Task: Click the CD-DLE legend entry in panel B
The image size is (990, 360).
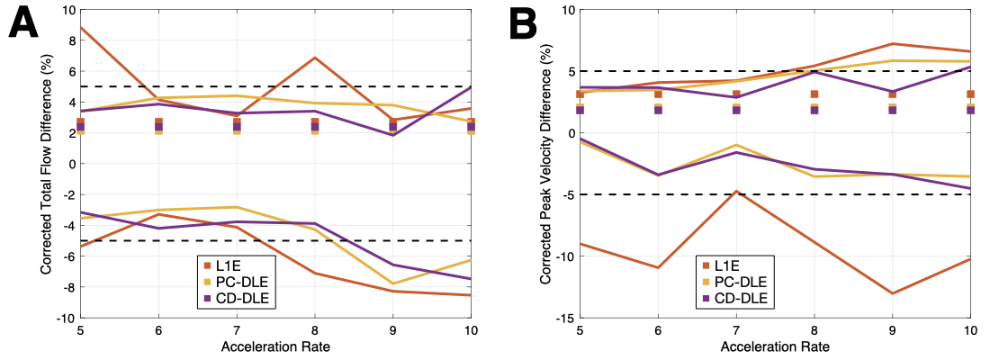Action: coord(732,298)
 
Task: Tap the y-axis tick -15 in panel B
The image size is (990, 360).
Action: coord(564,318)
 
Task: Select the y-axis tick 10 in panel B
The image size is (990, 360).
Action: coord(566,9)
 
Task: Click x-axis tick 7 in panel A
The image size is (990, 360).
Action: coord(237,329)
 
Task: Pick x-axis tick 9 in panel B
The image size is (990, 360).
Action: coord(892,329)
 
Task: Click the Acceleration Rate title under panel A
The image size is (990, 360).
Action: coord(275,346)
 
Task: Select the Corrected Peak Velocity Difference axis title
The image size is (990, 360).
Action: coord(545,164)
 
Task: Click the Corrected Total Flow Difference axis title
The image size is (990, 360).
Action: coord(45,164)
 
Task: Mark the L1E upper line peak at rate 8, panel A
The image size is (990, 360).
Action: coord(314,58)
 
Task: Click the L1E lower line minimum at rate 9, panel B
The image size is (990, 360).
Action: coord(892,293)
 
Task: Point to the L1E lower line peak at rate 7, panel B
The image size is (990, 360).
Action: coord(736,191)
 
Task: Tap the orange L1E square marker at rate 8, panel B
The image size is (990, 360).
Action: coord(814,94)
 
